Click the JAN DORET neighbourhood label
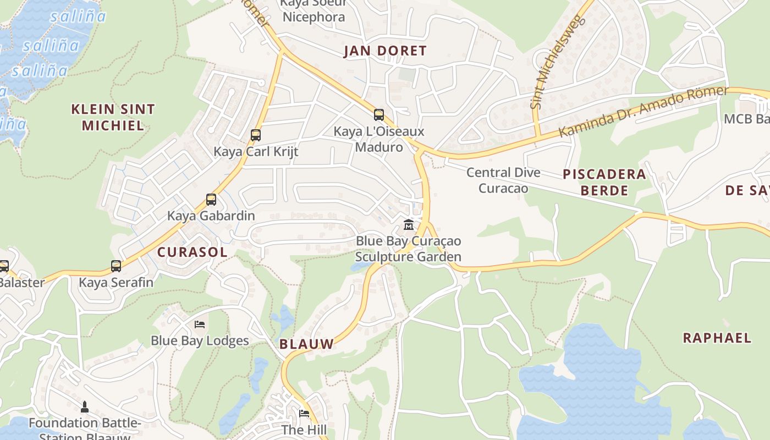pyautogui.click(x=385, y=51)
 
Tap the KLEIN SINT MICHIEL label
pyautogui.click(x=113, y=117)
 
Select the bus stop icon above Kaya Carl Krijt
pyautogui.click(x=255, y=135)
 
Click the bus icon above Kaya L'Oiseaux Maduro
pyautogui.click(x=378, y=114)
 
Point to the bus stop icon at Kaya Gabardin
pyautogui.click(x=211, y=199)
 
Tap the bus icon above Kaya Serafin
pyautogui.click(x=116, y=266)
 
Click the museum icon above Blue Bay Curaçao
pyautogui.click(x=408, y=224)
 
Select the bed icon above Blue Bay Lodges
pyautogui.click(x=200, y=324)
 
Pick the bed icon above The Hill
pyautogui.click(x=304, y=413)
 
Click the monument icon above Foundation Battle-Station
pyautogui.click(x=85, y=407)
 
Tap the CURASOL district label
pyautogui.click(x=192, y=252)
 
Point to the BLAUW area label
pyautogui.click(x=306, y=344)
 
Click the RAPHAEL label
pyautogui.click(x=717, y=338)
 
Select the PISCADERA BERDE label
pyautogui.click(x=604, y=182)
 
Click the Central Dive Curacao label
pyautogui.click(x=503, y=180)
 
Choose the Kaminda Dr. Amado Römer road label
pyautogui.click(x=643, y=112)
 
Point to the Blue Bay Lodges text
pyautogui.click(x=200, y=341)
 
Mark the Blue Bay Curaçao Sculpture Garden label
pyautogui.click(x=408, y=249)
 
